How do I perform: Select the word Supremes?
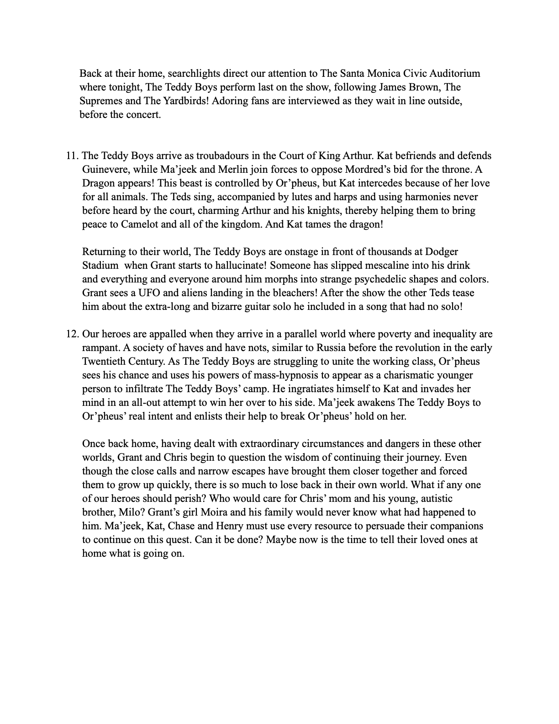(101, 101)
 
